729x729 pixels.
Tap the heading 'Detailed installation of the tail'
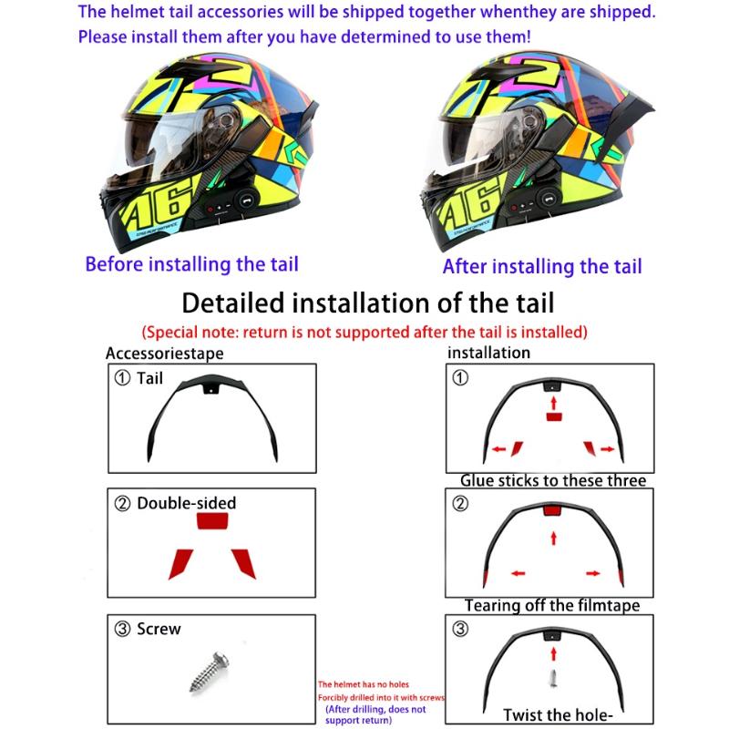click(x=368, y=302)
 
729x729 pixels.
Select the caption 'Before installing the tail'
click(x=191, y=264)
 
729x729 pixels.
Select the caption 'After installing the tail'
click(x=542, y=266)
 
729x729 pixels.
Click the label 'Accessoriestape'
click(x=164, y=354)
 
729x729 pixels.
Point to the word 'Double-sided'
click(x=186, y=503)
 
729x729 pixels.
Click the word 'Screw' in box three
click(x=159, y=629)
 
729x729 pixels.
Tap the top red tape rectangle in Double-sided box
click(x=215, y=522)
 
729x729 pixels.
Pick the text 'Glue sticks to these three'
click(x=552, y=480)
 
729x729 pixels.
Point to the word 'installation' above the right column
click(x=488, y=352)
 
